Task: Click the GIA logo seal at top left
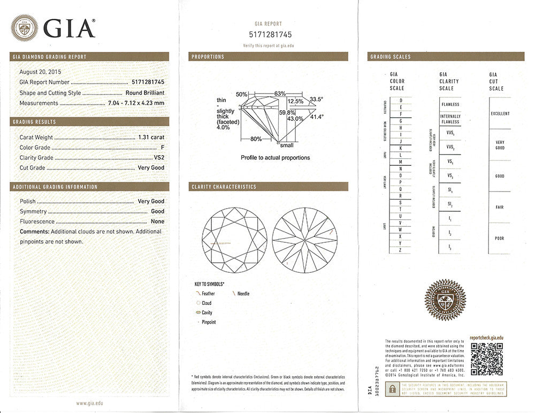tap(25, 28)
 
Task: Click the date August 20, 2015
tap(40, 72)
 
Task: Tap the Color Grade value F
tap(162, 148)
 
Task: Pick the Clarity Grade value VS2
tap(158, 158)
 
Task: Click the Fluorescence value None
tap(157, 221)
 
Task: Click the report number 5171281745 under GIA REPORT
tap(269, 35)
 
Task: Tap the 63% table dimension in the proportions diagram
tap(280, 94)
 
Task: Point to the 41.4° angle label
tap(317, 117)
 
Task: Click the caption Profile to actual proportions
tap(275, 158)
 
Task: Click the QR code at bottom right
tap(486, 359)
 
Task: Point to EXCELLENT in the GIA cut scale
tap(500, 113)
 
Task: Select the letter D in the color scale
tap(400, 101)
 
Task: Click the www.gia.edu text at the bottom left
tap(89, 403)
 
